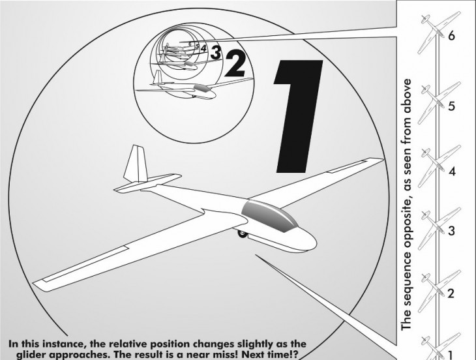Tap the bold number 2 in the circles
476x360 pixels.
[x=236, y=64]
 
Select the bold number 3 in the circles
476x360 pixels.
[x=216, y=52]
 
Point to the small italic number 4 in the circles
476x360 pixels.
[x=203, y=48]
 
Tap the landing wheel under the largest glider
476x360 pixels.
[x=243, y=233]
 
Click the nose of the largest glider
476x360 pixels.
[x=310, y=241]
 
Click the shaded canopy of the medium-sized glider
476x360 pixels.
[x=201, y=88]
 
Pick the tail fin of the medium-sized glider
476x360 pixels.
[x=158, y=77]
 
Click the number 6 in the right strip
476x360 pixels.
[x=451, y=36]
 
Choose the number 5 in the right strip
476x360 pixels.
[x=452, y=106]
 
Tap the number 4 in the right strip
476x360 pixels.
[x=452, y=172]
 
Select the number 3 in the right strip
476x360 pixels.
[x=452, y=231]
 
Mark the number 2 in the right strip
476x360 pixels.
[x=451, y=293]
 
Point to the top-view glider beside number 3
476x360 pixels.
[x=438, y=228]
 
